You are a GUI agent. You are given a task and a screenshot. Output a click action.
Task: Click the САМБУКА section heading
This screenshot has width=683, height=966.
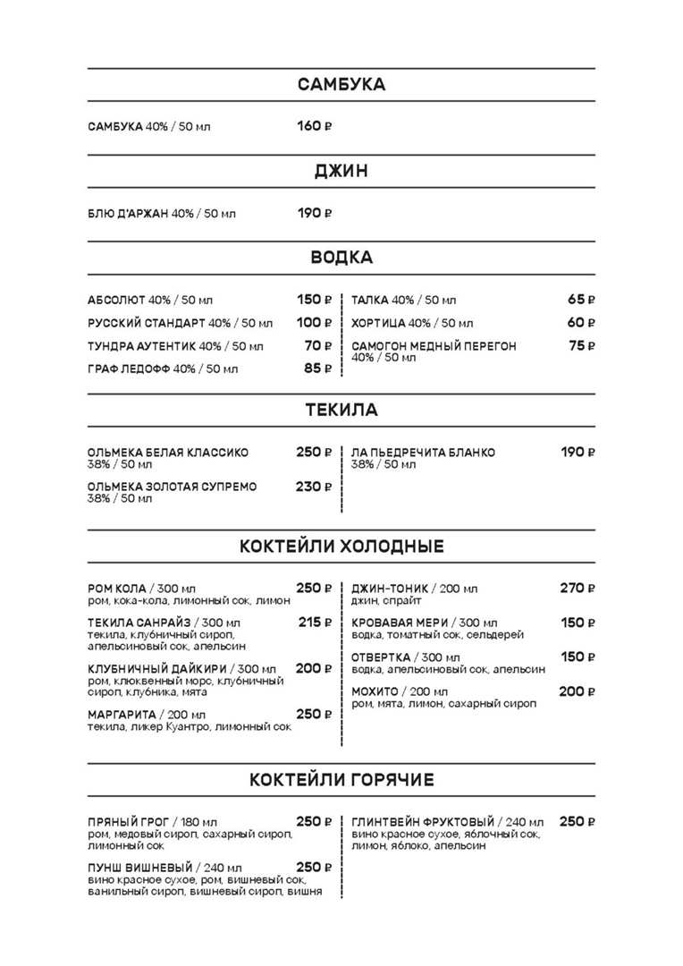click(x=341, y=85)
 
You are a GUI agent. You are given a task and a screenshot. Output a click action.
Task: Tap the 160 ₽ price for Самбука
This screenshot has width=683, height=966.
click(x=314, y=126)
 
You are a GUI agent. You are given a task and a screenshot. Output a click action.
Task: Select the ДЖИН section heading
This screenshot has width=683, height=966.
click(x=341, y=171)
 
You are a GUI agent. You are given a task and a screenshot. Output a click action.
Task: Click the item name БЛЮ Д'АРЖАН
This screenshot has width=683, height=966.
click(x=128, y=214)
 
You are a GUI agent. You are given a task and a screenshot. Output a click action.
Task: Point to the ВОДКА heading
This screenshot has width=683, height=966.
click(x=341, y=258)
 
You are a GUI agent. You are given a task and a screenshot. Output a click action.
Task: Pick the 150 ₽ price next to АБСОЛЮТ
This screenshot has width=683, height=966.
click(x=314, y=300)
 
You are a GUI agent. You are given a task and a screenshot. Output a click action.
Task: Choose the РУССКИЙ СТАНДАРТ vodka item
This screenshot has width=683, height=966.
click(x=147, y=323)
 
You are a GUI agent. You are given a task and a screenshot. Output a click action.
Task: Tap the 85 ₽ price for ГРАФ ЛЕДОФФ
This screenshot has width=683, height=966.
click(x=317, y=368)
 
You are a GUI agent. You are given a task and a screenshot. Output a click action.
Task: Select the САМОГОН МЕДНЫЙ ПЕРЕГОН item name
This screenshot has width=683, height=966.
click(x=434, y=346)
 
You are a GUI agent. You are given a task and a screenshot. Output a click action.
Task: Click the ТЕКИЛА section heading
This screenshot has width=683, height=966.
click(x=341, y=411)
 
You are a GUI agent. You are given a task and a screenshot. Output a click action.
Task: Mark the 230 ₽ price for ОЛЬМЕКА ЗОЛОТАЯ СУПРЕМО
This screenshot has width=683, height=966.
click(x=314, y=487)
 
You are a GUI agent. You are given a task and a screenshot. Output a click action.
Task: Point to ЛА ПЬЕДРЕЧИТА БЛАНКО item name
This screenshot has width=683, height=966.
click(x=423, y=453)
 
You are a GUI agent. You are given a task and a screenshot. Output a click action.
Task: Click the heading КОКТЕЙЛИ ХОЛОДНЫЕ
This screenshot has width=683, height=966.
click(x=341, y=547)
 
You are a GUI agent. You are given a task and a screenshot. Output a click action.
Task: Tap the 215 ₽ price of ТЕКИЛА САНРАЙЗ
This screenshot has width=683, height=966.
click(x=315, y=622)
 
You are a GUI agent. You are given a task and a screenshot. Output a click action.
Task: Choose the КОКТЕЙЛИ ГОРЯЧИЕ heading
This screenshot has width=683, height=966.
click(x=341, y=780)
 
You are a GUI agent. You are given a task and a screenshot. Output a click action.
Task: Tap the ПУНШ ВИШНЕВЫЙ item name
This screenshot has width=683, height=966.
click(x=140, y=868)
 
